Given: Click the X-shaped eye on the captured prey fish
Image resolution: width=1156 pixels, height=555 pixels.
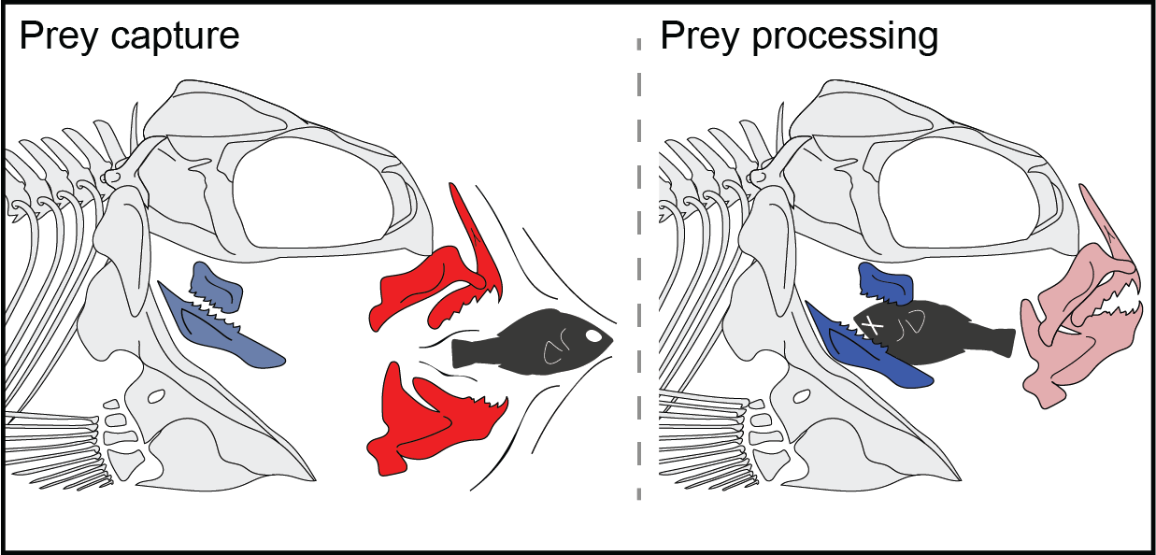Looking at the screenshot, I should tap(872, 324).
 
